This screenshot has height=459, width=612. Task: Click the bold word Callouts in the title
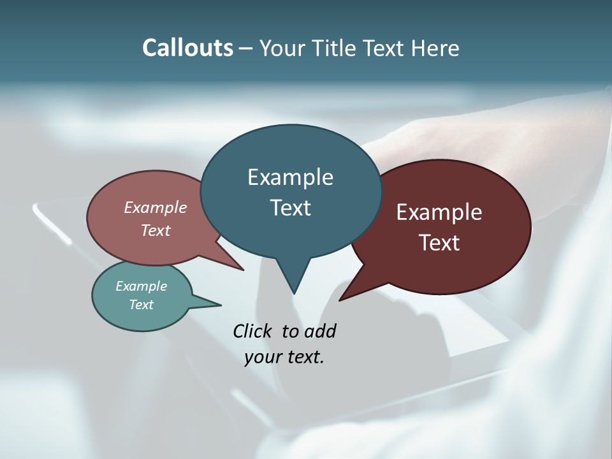pyautogui.click(x=187, y=48)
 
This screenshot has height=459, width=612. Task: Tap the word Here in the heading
pyautogui.click(x=437, y=48)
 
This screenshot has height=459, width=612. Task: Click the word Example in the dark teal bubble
pyautogui.click(x=290, y=177)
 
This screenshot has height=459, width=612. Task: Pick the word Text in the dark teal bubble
pyautogui.click(x=290, y=208)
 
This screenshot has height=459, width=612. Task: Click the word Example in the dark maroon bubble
pyautogui.click(x=439, y=212)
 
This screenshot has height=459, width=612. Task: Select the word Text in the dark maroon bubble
pyautogui.click(x=439, y=243)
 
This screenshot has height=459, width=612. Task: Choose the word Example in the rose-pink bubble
pyautogui.click(x=156, y=207)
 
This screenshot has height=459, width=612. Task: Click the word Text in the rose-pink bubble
pyautogui.click(x=156, y=230)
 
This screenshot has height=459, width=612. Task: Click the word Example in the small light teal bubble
pyautogui.click(x=141, y=286)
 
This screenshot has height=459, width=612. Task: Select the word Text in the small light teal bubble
pyautogui.click(x=141, y=305)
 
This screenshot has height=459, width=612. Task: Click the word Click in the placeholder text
pyautogui.click(x=253, y=331)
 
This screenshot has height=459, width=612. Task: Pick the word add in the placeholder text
pyautogui.click(x=319, y=331)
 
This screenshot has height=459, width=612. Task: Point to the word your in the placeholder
pyautogui.click(x=263, y=357)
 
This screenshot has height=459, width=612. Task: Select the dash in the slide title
pyautogui.click(x=246, y=48)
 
